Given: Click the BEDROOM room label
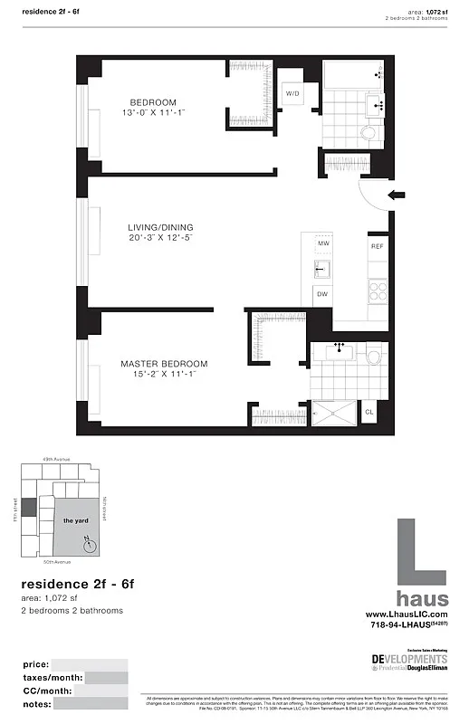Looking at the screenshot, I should click(x=152, y=102).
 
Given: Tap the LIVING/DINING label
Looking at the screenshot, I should click(x=159, y=227).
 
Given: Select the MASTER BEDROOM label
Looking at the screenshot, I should click(x=158, y=363).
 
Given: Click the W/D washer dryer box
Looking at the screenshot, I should click(x=293, y=94).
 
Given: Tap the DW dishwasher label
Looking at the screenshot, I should click(x=321, y=293).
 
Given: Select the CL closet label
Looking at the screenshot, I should click(x=368, y=413).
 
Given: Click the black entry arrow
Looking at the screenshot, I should click(x=395, y=195).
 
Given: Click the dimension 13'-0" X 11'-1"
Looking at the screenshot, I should click(x=152, y=113).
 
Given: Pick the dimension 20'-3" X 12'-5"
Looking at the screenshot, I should click(x=159, y=238).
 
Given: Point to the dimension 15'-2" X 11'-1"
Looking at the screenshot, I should click(x=158, y=374).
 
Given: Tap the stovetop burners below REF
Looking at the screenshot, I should click(x=378, y=291).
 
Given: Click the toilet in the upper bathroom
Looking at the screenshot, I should click(x=368, y=136).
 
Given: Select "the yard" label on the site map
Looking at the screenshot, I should click(x=74, y=521).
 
